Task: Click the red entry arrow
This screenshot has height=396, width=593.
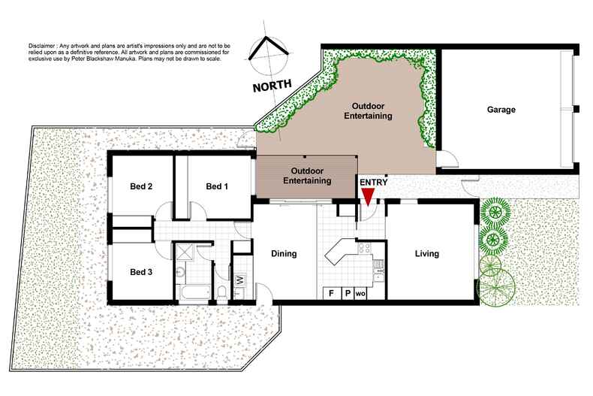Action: [368, 197]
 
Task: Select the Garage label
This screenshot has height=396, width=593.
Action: [502, 110]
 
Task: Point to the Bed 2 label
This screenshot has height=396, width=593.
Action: [142, 186]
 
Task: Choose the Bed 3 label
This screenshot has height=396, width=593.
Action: [141, 271]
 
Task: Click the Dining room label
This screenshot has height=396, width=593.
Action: [284, 253]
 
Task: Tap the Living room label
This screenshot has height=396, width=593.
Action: [427, 253]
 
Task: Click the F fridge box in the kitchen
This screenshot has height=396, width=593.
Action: [330, 293]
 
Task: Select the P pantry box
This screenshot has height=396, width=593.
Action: [347, 293]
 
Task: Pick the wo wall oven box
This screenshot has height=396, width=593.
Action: [361, 293]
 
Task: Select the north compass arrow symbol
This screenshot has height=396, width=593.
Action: [269, 51]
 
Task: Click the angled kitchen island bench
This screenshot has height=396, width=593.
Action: [339, 252]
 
